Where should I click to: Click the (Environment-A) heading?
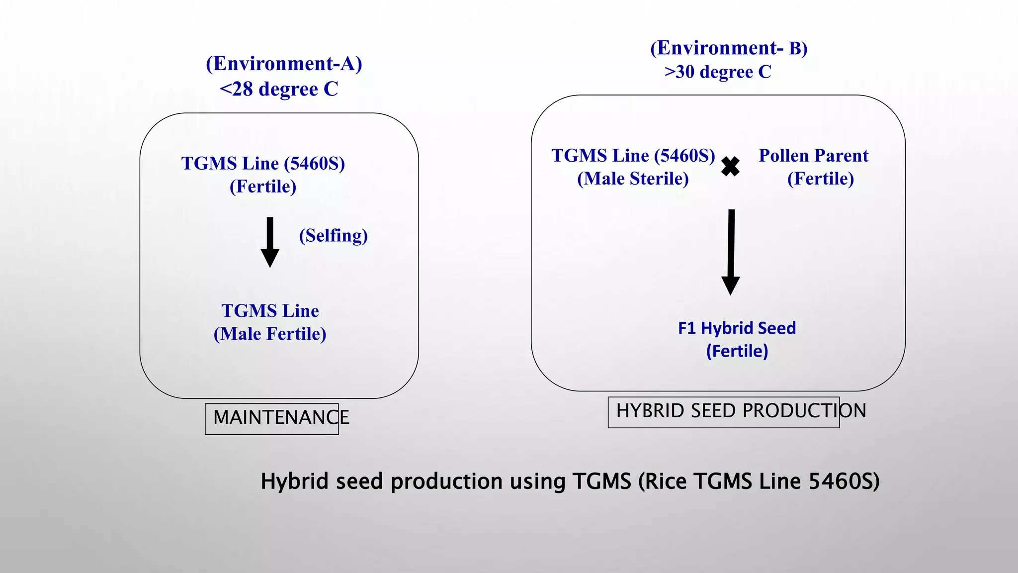[284, 64]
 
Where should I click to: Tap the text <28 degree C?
[279, 89]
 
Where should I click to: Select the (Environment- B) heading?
[729, 48]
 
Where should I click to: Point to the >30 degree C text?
[718, 72]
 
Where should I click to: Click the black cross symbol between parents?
[730, 167]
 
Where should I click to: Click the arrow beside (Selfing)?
[270, 242]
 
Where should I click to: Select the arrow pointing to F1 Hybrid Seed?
[731, 252]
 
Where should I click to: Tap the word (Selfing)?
[333, 235]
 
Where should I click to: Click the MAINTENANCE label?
[281, 417]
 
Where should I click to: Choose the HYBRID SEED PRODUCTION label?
[741, 411]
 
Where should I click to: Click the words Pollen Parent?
[813, 156]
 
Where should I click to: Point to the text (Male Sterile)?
[633, 179]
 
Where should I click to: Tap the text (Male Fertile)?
[270, 334]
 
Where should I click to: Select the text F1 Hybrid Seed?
[737, 328]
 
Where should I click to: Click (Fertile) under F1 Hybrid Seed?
[737, 351]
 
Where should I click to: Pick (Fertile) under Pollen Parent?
[820, 179]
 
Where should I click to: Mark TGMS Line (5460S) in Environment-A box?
[263, 164]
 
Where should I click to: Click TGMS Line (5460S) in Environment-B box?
[633, 156]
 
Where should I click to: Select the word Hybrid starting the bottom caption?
[294, 481]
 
